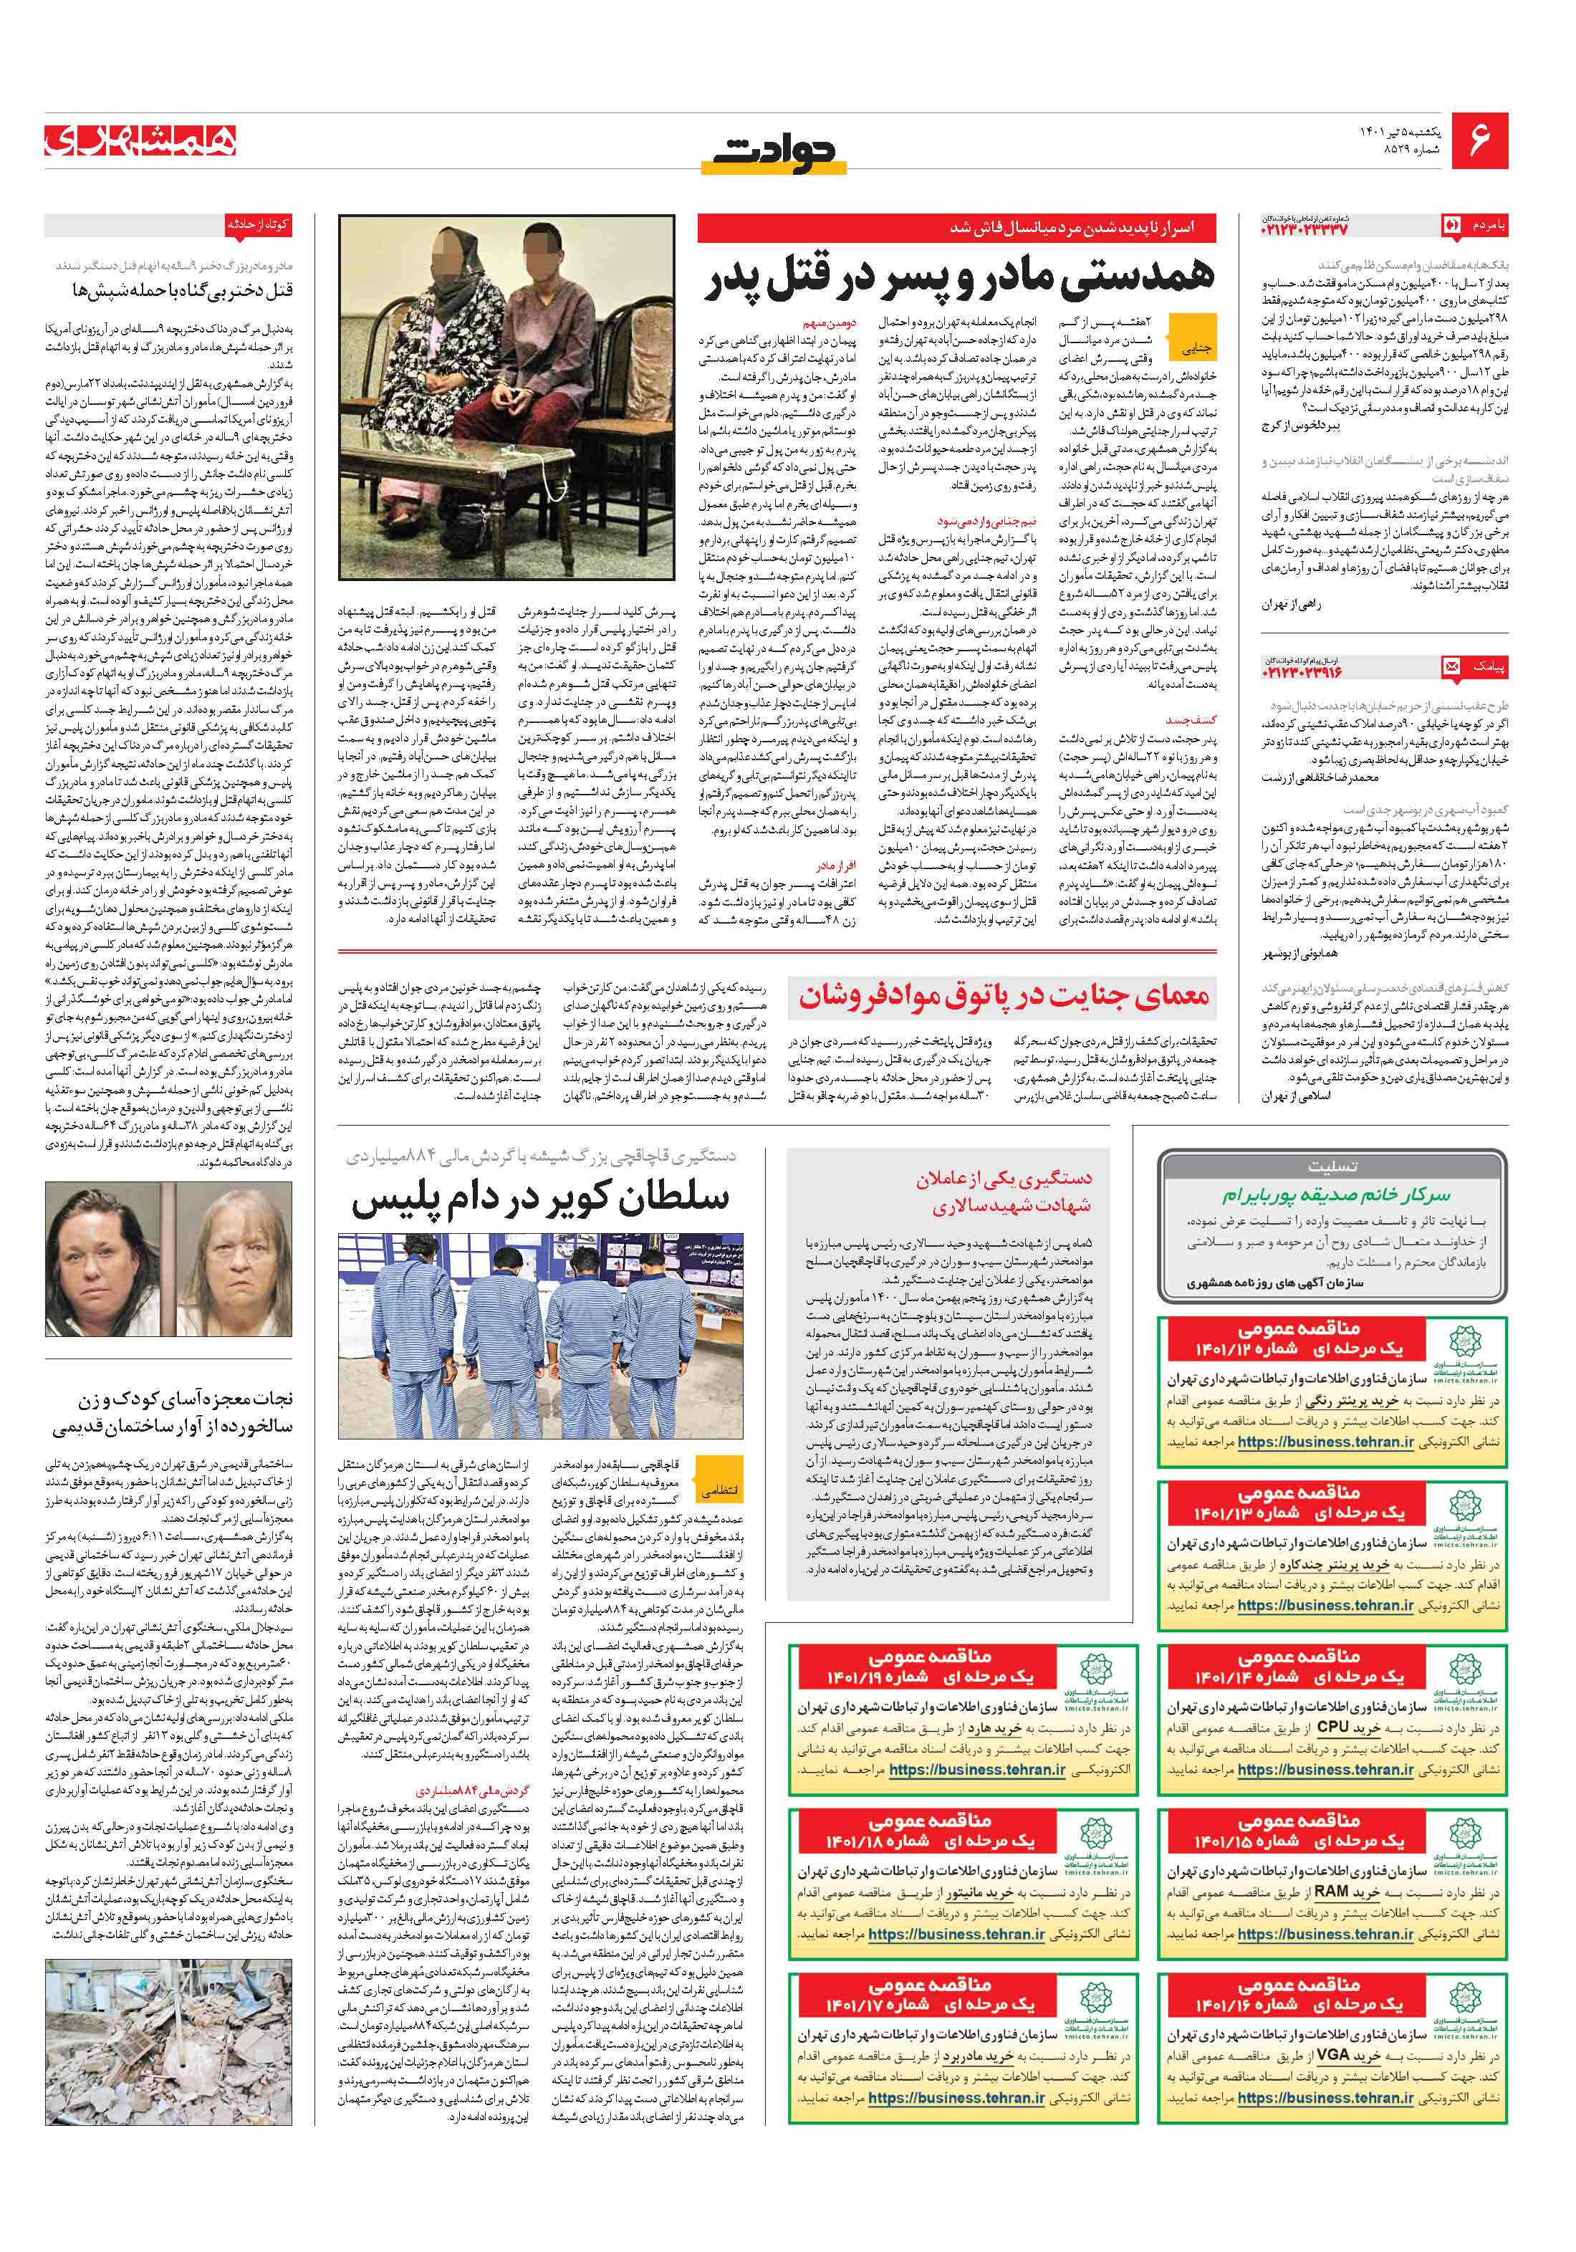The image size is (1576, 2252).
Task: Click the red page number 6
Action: click(1479, 138)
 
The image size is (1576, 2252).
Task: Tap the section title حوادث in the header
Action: click(774, 152)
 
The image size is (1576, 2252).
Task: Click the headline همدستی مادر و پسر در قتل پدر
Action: click(959, 279)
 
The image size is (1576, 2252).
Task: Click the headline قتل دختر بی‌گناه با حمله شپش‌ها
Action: click(183, 290)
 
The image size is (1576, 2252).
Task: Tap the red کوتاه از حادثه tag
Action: click(258, 224)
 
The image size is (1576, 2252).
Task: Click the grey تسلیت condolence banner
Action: click(1332, 1167)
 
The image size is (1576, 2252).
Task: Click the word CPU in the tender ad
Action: click(1334, 1728)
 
